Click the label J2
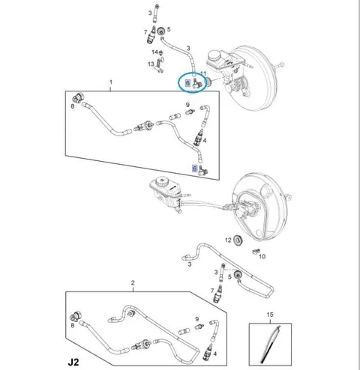click(x=73, y=362)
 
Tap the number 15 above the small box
click(x=270, y=315)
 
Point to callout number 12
click(x=228, y=240)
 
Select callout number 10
click(x=262, y=256)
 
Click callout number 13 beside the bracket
click(x=151, y=64)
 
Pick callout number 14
click(x=154, y=52)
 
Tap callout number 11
click(x=203, y=73)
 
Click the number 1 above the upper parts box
click(x=111, y=82)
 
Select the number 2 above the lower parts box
click(x=133, y=283)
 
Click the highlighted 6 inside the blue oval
click(x=187, y=82)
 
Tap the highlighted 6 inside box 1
click(x=194, y=169)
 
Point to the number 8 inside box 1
click(x=73, y=106)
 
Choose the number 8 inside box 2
click(x=73, y=326)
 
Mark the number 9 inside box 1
click(x=187, y=105)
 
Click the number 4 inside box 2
click(x=215, y=354)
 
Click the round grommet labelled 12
click(x=238, y=240)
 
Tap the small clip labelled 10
click(x=256, y=251)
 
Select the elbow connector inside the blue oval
click(x=197, y=83)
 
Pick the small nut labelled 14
click(x=161, y=52)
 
